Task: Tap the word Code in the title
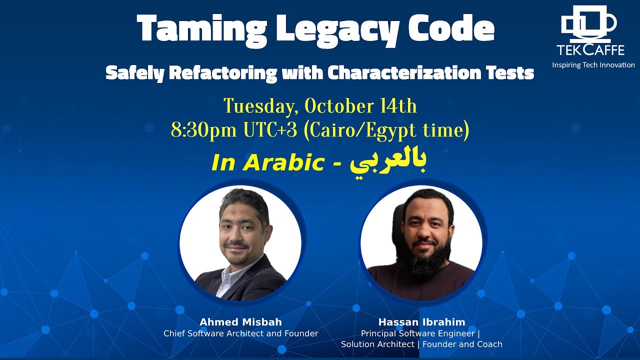[451, 28]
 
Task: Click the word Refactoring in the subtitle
[222, 73]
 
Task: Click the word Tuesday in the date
[259, 106]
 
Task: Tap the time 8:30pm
[204, 130]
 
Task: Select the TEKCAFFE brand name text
[590, 50]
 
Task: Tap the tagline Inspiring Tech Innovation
[593, 65]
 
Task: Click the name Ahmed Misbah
[240, 322]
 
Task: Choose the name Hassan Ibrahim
[422, 322]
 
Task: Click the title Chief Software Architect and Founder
[240, 333]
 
